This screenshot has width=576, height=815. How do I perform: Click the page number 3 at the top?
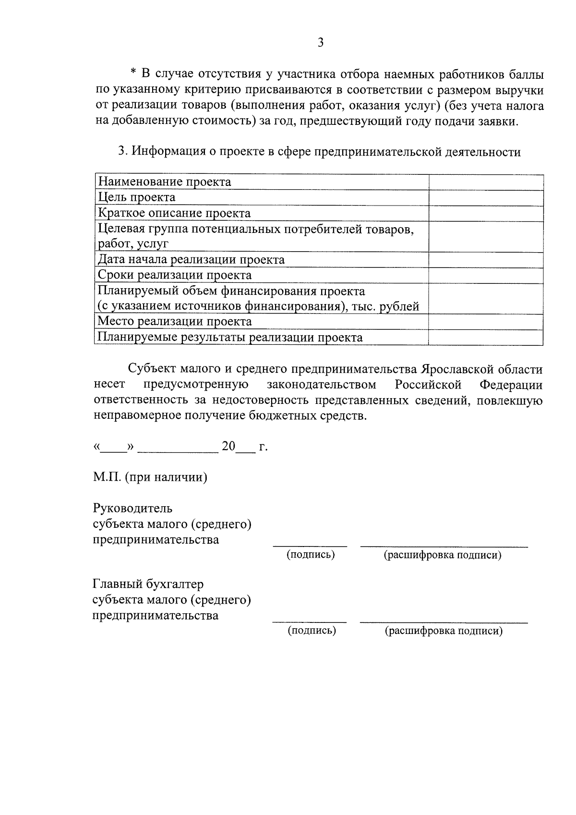click(321, 43)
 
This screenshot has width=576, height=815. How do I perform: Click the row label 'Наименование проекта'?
click(164, 182)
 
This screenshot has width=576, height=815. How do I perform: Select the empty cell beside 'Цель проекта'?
click(486, 198)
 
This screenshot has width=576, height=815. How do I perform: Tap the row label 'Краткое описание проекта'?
click(174, 213)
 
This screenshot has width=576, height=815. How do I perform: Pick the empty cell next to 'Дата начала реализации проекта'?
click(486, 260)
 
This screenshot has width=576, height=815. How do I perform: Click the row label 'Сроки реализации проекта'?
click(174, 275)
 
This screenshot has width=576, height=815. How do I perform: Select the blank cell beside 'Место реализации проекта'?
click(486, 321)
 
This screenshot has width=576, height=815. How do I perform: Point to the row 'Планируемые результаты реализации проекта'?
click(230, 337)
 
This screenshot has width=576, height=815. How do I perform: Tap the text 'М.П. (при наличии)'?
click(150, 477)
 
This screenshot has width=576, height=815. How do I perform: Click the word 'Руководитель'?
click(132, 508)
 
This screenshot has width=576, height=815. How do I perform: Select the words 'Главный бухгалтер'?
click(148, 584)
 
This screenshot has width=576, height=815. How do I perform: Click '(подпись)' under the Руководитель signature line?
click(311, 555)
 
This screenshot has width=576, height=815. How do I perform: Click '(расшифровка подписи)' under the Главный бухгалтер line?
click(444, 631)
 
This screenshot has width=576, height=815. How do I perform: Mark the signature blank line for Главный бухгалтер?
click(310, 622)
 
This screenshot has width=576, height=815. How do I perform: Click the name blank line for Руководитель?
click(444, 546)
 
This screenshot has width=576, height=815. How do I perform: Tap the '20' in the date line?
click(228, 446)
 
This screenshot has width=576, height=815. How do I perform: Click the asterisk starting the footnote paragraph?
click(134, 73)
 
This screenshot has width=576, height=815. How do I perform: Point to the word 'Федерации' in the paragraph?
click(511, 385)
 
